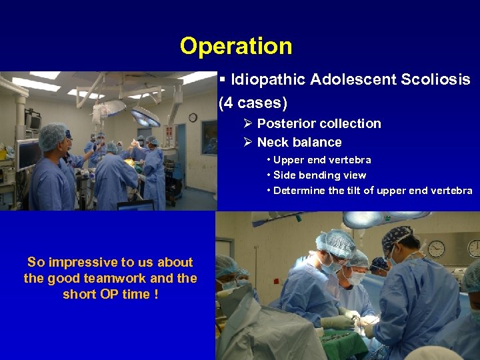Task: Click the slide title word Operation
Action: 236,46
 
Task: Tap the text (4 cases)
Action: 253,103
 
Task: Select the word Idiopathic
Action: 263,80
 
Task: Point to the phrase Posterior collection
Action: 319,123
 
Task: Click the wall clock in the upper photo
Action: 193,117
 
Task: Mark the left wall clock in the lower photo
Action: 437,249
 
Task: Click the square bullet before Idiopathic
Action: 222,80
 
